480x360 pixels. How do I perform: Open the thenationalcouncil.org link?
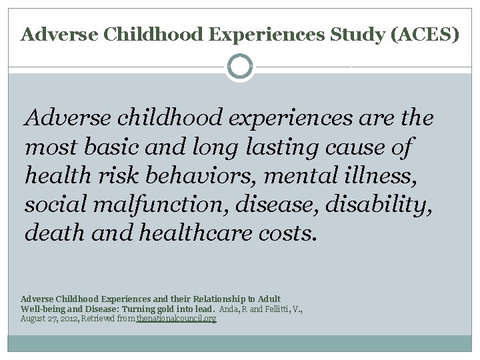(x=177, y=319)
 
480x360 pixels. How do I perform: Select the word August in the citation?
(x=33, y=319)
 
